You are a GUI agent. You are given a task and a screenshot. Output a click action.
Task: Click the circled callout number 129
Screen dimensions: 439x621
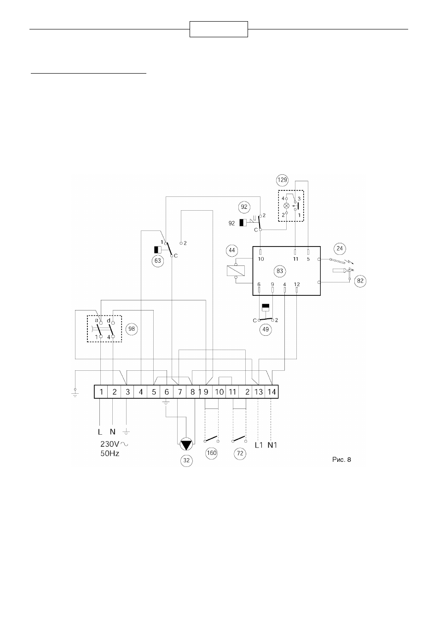coord(283,180)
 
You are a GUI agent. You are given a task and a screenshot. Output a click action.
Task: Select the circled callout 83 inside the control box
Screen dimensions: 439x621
coord(279,271)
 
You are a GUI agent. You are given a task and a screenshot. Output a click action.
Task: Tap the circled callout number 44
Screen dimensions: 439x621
coord(232,250)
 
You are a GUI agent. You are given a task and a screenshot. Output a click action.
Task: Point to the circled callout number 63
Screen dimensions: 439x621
coord(158,261)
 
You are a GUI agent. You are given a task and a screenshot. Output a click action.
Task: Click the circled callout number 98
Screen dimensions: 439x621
coord(132,329)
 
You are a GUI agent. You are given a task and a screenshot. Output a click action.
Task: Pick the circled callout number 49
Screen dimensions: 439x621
coord(266,329)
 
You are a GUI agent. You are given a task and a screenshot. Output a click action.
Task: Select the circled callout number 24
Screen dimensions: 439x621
coord(340,248)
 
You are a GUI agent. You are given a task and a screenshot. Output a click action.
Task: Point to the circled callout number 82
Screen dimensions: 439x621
coord(360,281)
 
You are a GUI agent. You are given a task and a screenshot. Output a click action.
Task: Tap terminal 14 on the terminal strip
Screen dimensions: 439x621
coord(271,392)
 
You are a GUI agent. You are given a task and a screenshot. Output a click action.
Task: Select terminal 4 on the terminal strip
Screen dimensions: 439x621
coord(141,392)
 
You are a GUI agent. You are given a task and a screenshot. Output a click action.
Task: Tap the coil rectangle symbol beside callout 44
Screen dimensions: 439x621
coord(236,270)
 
